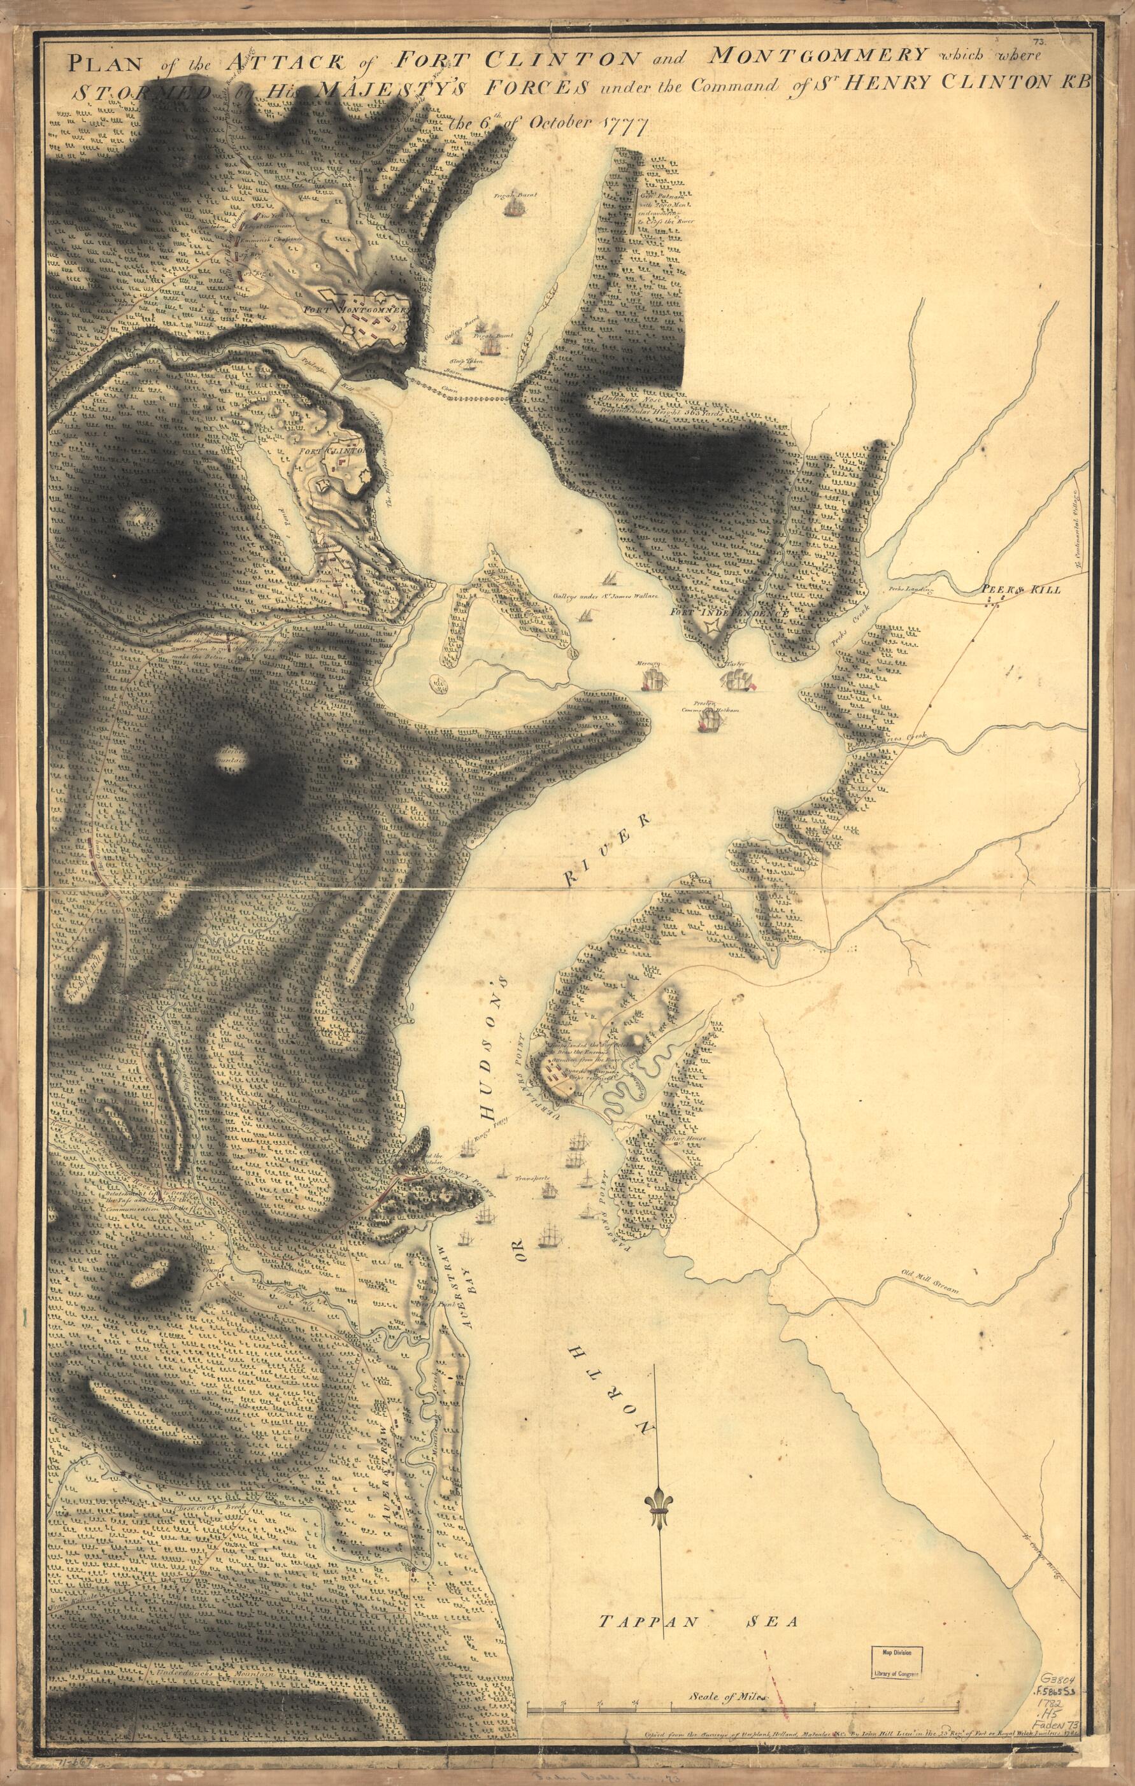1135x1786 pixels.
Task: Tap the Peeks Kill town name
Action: (x=1021, y=589)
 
